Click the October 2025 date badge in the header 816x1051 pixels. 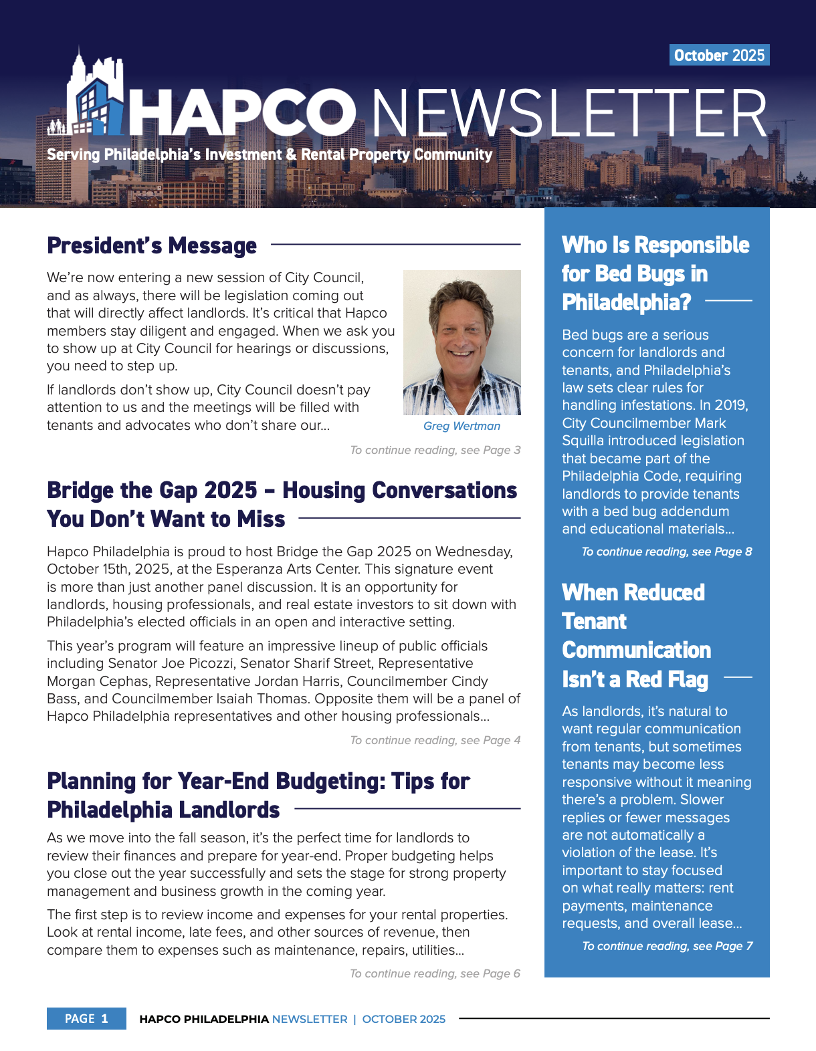coord(719,55)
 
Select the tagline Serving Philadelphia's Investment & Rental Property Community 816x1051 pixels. coord(269,154)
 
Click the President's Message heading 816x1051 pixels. coord(152,245)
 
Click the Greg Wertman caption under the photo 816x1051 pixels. coord(462,426)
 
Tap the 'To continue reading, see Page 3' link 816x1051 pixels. coord(435,450)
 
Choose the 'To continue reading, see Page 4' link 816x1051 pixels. coord(435,740)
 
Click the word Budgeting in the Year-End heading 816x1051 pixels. coord(330,781)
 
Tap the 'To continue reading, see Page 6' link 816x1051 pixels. coord(435,973)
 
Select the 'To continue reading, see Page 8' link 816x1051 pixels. coord(666,552)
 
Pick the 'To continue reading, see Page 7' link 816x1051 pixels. coord(667,946)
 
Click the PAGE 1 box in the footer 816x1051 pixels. coord(86,1018)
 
